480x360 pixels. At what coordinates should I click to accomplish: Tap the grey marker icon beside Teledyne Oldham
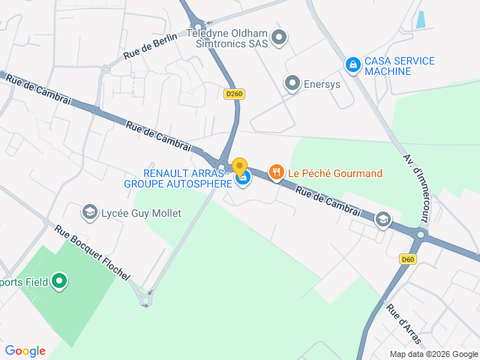coord(279,37)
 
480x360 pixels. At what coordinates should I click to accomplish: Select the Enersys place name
coord(322,84)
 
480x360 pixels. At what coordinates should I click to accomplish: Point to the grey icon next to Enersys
coord(292,83)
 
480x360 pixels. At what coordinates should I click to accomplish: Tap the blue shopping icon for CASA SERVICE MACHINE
coord(352,65)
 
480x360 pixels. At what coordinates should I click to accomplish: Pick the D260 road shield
coord(235,94)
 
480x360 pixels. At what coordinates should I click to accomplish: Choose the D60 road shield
coord(407,259)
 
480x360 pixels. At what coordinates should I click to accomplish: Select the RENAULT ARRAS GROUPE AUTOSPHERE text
coord(178,178)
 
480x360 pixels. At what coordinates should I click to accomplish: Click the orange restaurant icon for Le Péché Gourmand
coord(277,173)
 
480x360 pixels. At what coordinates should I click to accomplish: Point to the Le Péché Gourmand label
coord(335,173)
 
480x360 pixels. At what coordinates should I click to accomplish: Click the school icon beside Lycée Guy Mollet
coord(90,213)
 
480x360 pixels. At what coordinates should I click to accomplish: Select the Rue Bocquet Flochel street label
coord(91,253)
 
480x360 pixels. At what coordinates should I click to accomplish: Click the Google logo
coord(25,351)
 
